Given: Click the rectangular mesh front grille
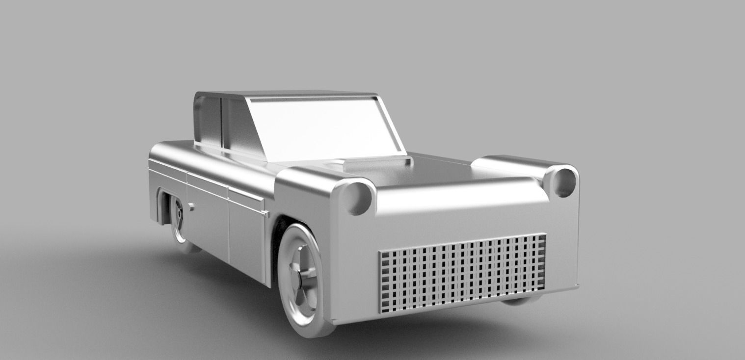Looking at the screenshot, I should point(462,273).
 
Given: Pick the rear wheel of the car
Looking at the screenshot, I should point(179,223).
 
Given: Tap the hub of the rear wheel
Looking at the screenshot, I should point(178,216).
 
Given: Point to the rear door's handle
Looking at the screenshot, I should point(190,207).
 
